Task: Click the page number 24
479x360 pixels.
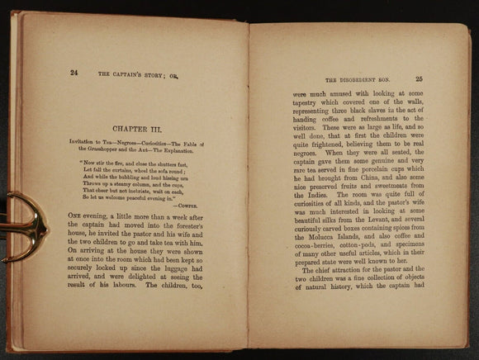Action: point(74,73)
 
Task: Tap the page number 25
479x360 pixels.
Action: point(419,79)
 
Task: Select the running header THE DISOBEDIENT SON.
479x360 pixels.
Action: point(359,80)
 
